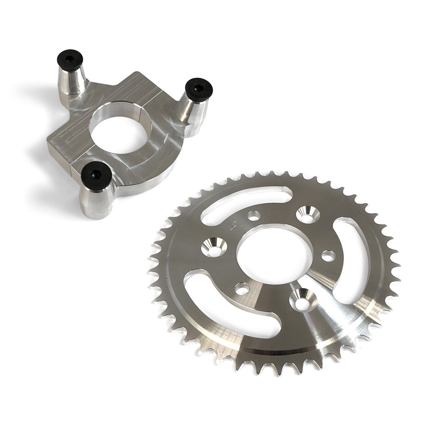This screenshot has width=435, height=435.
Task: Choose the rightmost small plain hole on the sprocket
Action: [x=329, y=256]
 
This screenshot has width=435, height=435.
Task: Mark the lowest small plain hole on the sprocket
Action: [x=240, y=288]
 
